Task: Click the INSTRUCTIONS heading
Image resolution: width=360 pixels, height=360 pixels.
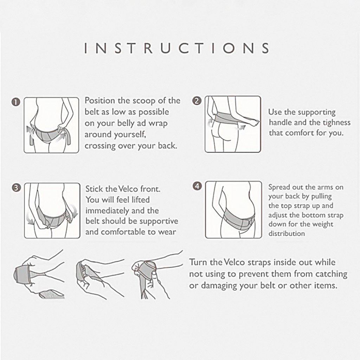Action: pos(176,48)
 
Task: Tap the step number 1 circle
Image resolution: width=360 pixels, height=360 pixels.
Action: pos(15,102)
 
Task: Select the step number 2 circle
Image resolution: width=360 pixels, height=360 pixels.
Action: pos(197,101)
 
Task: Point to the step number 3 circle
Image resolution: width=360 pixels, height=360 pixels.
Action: pos(16,188)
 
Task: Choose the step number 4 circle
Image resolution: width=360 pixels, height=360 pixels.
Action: pos(197,186)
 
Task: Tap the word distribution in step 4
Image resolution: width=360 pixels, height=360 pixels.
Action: pos(287,233)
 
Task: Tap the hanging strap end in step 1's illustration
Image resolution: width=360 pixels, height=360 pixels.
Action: pos(31,138)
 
